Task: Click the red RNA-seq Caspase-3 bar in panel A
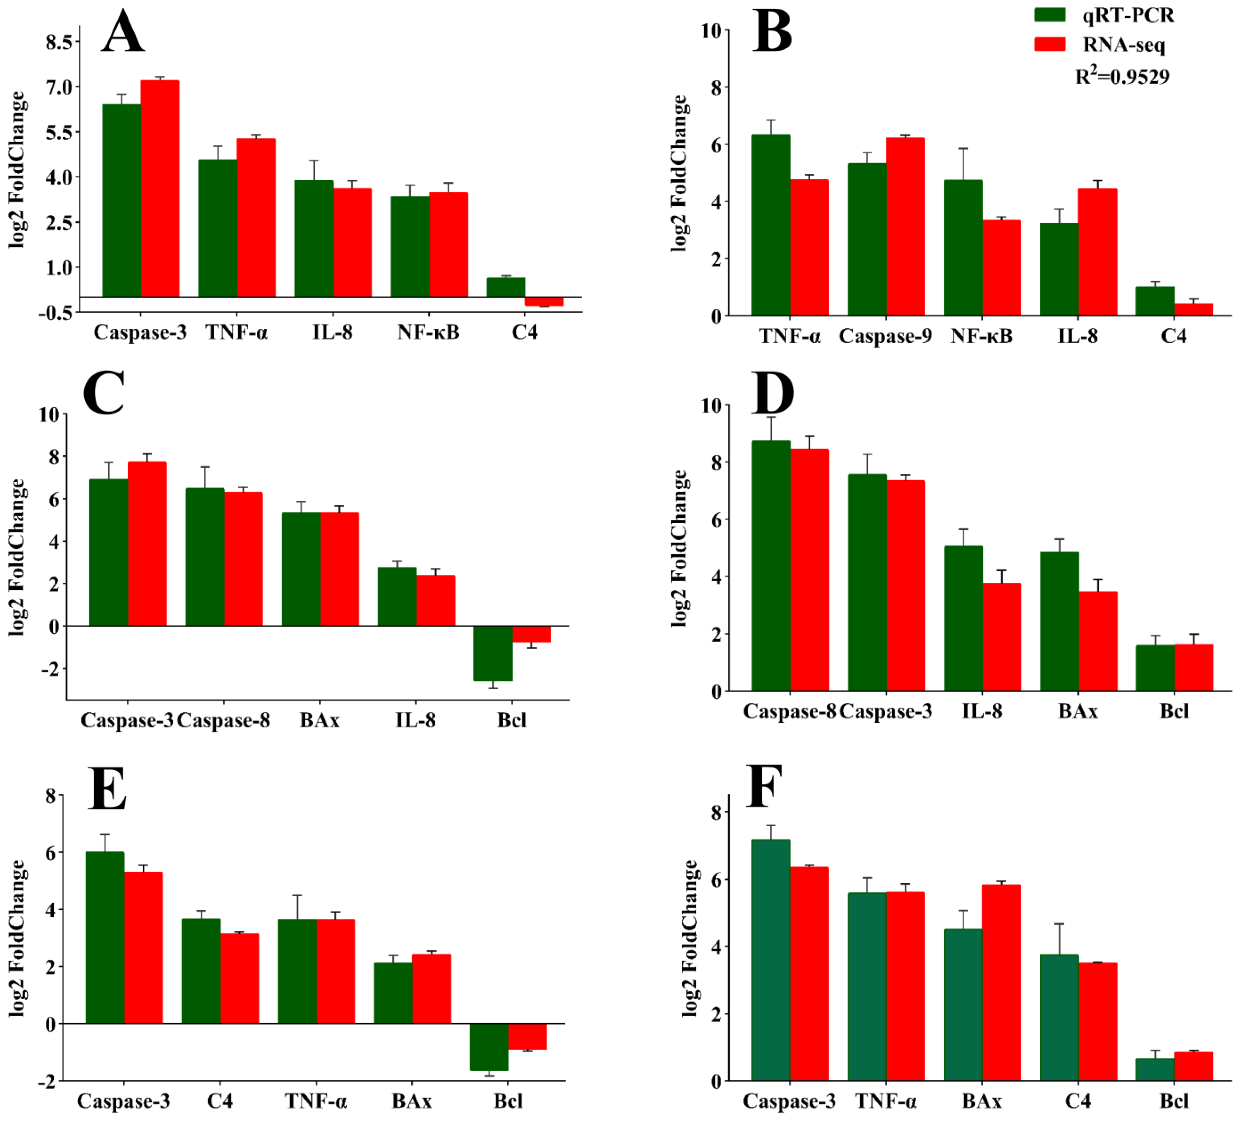pos(160,188)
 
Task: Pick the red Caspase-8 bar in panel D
pos(809,570)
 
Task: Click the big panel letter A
pos(123,32)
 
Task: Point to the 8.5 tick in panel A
pos(58,42)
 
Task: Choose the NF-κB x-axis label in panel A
pos(428,332)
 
